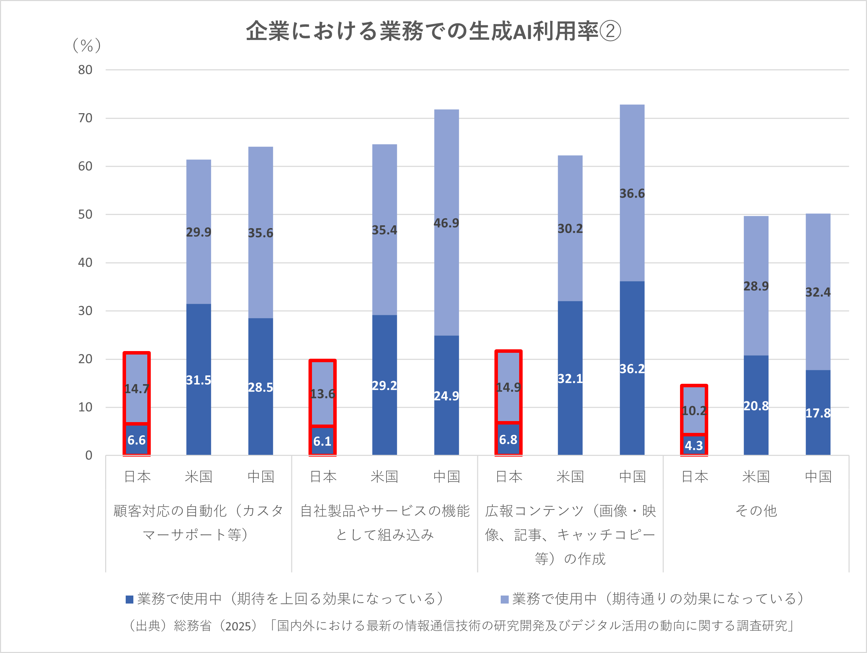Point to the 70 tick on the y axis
click(x=85, y=118)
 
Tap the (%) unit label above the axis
click(x=87, y=46)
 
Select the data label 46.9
click(x=446, y=223)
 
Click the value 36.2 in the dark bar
click(x=632, y=369)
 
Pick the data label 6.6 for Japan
click(x=136, y=440)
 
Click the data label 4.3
click(x=694, y=446)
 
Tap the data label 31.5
click(x=198, y=380)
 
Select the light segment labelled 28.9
click(x=756, y=274)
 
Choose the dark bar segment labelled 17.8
click(x=818, y=423)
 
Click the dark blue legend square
click(x=129, y=599)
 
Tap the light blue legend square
click(x=505, y=599)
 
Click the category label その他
click(x=756, y=511)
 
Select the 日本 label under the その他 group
click(x=695, y=477)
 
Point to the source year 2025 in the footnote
click(x=238, y=626)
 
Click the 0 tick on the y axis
click(x=89, y=456)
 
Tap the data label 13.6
click(x=322, y=394)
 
